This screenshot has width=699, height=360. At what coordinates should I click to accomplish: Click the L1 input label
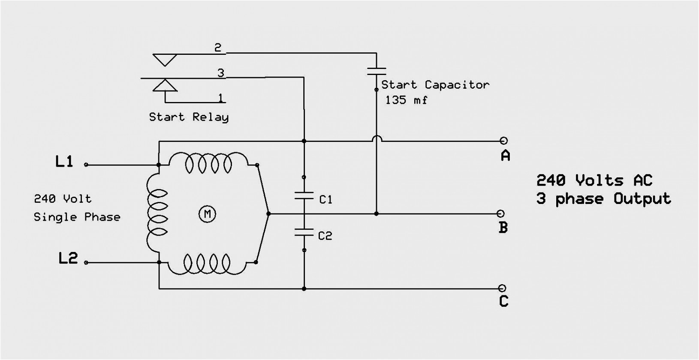point(64,162)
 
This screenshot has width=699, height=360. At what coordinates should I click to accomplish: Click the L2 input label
point(68,258)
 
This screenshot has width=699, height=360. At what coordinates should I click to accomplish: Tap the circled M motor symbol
point(208,213)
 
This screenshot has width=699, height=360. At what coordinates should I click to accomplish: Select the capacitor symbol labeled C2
point(304,232)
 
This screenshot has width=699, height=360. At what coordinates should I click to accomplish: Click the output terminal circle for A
point(503,141)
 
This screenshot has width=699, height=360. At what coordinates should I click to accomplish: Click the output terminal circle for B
point(500,213)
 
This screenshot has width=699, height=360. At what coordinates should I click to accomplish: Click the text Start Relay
point(189,117)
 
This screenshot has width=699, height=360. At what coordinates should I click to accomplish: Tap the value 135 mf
point(406,100)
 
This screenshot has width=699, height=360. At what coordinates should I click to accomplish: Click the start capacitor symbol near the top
point(376,71)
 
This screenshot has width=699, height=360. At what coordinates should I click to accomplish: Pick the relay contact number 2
point(218,48)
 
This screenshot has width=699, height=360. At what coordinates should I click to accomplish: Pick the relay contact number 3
point(220,73)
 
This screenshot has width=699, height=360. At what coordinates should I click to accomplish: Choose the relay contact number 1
point(220,98)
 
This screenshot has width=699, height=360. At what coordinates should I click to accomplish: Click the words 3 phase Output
point(603,199)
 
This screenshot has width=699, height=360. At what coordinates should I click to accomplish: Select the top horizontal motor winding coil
point(208,163)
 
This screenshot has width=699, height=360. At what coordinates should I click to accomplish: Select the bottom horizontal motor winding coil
point(208,263)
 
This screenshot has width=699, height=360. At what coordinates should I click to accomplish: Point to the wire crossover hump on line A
point(377,138)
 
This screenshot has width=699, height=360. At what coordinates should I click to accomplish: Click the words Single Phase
point(77,217)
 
